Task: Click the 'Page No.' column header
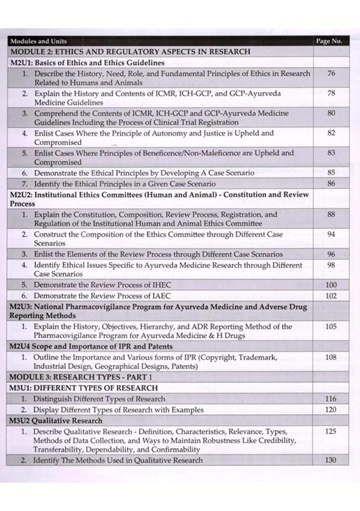click(x=329, y=41)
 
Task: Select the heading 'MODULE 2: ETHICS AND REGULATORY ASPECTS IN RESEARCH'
click(x=130, y=52)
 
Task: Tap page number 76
click(x=330, y=73)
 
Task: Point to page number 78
click(x=330, y=93)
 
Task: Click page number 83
click(x=330, y=153)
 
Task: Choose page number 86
click(x=330, y=184)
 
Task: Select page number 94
click(x=330, y=234)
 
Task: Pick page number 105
click(x=330, y=327)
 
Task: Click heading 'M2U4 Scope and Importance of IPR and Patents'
click(x=91, y=346)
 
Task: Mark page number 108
click(x=330, y=357)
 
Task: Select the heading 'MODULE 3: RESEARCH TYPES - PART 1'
click(x=81, y=377)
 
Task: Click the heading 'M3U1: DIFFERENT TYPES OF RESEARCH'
click(x=84, y=388)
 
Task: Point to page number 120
click(x=330, y=410)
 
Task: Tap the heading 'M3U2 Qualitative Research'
click(x=56, y=421)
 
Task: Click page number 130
click(x=330, y=460)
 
